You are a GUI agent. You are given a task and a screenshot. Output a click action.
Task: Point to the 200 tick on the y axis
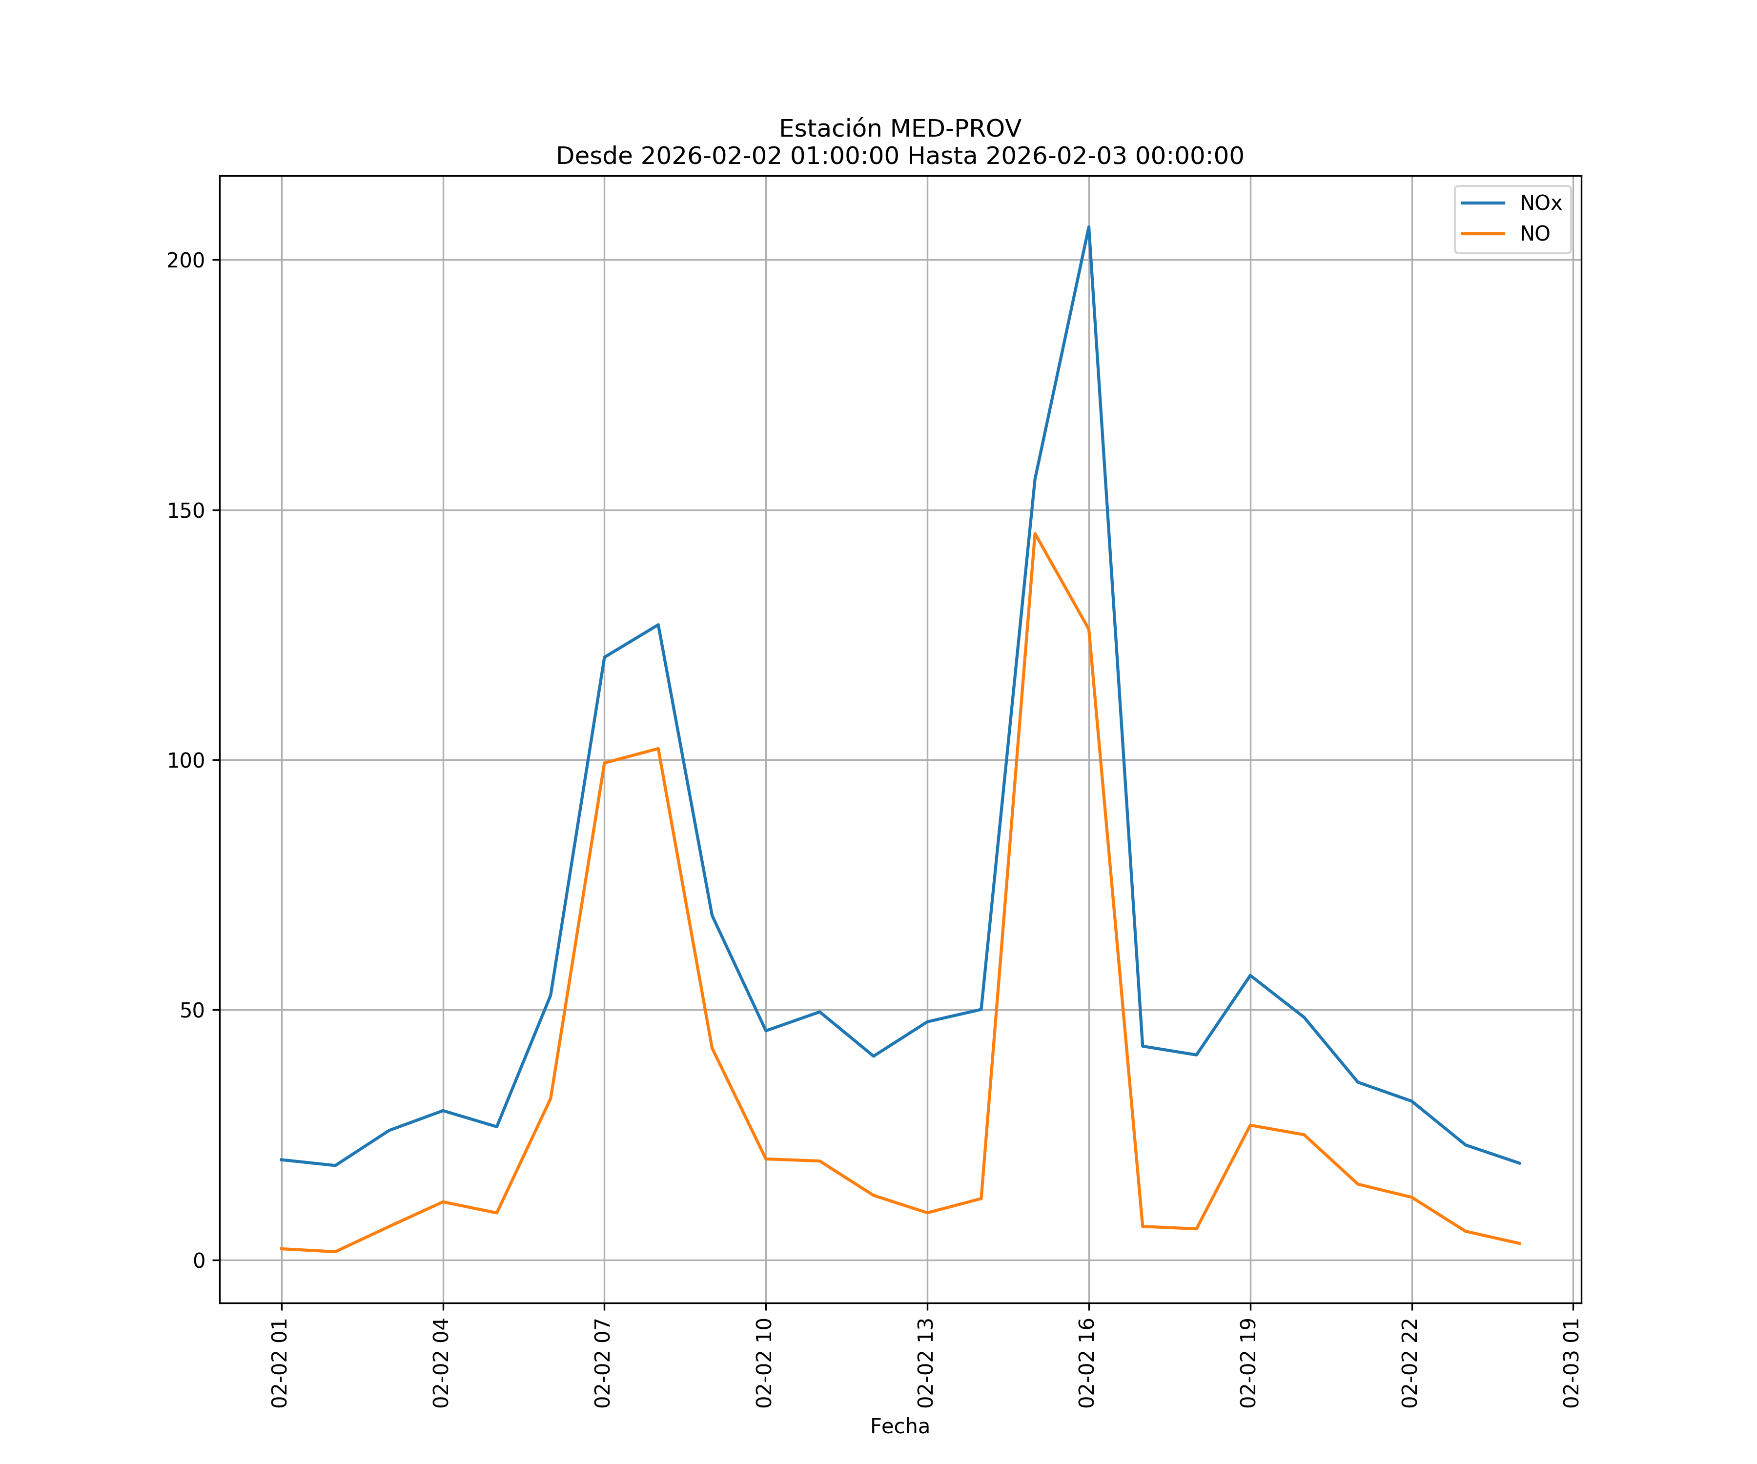pos(186,260)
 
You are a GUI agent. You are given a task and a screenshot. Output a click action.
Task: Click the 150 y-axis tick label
pos(186,510)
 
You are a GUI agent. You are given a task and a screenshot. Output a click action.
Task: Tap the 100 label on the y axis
pos(186,760)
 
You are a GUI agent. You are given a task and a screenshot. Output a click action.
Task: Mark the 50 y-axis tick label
pos(192,1010)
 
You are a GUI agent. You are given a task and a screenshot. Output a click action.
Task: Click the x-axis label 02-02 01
pos(280,1363)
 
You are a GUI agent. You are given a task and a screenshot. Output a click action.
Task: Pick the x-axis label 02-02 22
pos(1410,1363)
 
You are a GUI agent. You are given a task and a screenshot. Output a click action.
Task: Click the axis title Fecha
pos(899,1426)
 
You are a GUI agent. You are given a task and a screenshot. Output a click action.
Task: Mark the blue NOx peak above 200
pos(1088,227)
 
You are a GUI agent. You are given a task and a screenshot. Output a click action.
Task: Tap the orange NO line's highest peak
pos(1035,533)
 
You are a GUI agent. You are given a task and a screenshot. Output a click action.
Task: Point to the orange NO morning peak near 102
pos(658,749)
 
